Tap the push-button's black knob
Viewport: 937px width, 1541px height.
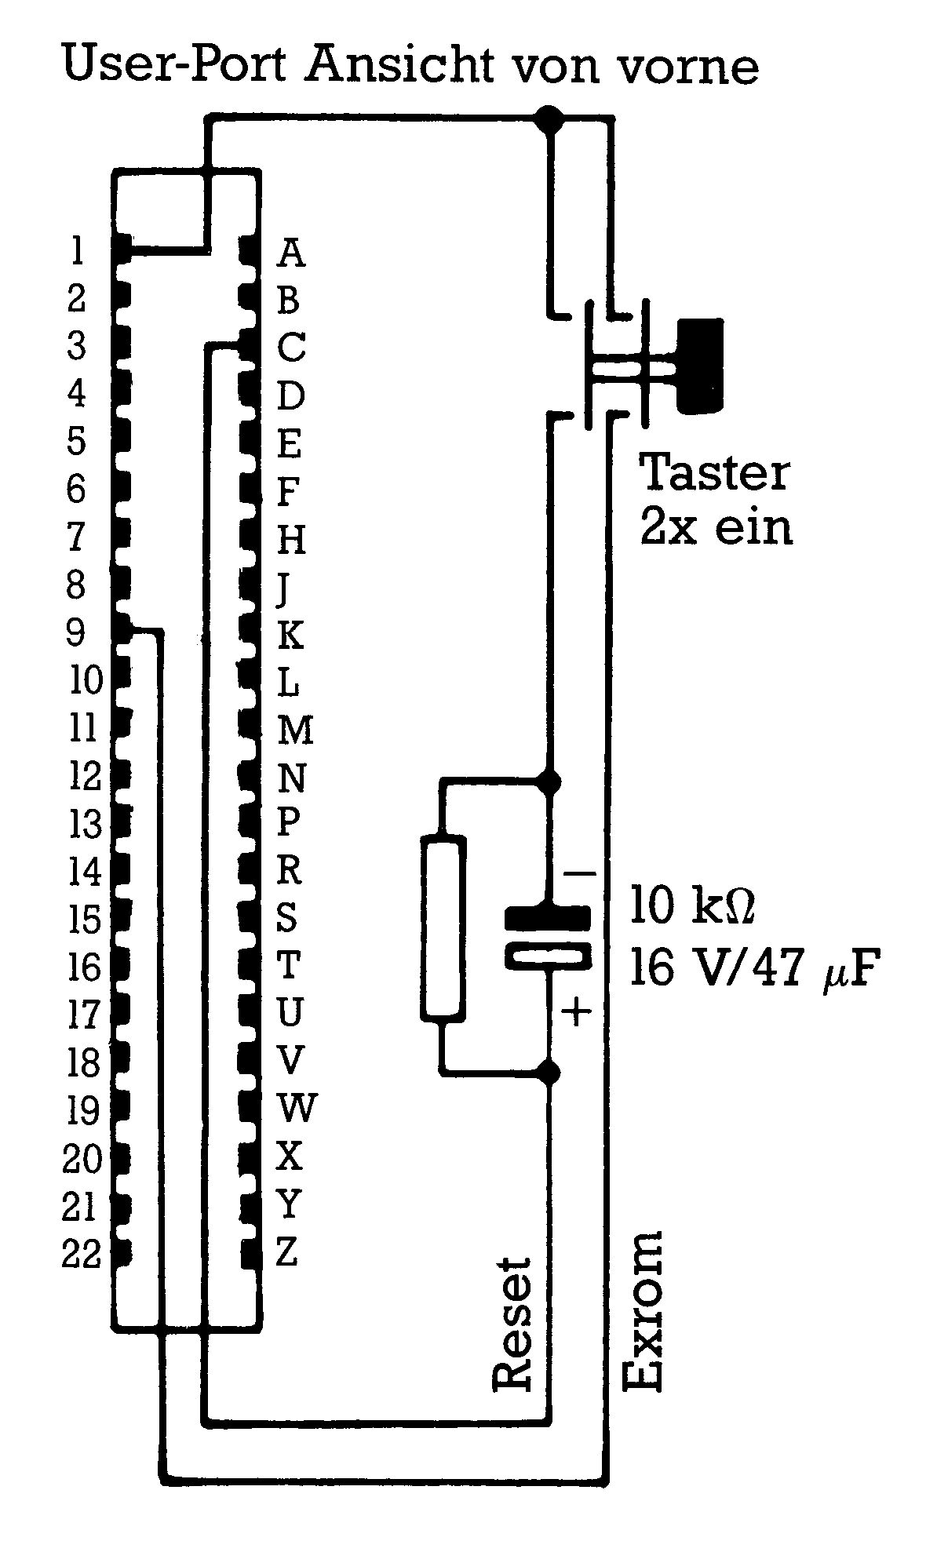click(x=701, y=366)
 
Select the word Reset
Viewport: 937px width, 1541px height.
click(x=512, y=1325)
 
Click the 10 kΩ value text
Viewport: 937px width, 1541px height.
click(x=692, y=905)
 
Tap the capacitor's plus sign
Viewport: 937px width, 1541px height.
click(x=578, y=1011)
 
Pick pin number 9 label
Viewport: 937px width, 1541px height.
click(x=76, y=632)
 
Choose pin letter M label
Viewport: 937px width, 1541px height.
click(x=296, y=730)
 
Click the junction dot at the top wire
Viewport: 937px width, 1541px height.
click(x=549, y=118)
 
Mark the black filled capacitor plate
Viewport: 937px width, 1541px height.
click(x=547, y=917)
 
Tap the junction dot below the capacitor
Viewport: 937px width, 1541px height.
click(x=551, y=1071)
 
